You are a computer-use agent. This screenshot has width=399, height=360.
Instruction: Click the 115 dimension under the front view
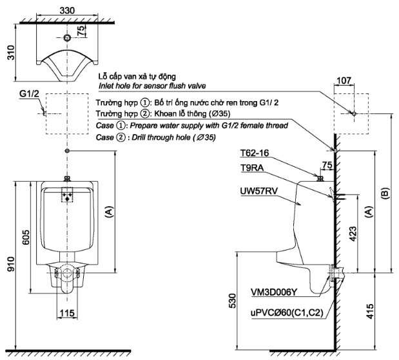pyautogui.click(x=66, y=313)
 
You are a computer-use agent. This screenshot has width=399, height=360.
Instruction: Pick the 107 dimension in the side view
pyautogui.click(x=344, y=81)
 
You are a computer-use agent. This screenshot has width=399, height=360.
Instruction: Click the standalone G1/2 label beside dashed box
pyautogui.click(x=30, y=93)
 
